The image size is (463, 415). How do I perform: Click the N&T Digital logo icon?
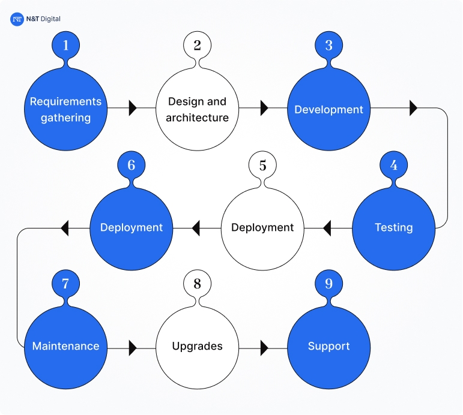(x=16, y=19)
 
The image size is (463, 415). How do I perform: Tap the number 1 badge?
(x=66, y=45)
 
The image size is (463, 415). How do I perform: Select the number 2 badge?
(x=198, y=45)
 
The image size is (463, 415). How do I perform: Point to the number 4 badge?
(x=394, y=164)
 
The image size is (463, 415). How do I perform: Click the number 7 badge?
(x=66, y=284)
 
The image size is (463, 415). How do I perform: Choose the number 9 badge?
(x=328, y=284)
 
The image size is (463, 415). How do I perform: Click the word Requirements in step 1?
(x=66, y=101)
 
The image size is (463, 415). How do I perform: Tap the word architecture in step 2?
(x=198, y=118)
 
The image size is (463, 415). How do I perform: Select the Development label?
(x=328, y=110)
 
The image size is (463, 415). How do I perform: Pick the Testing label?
(x=394, y=228)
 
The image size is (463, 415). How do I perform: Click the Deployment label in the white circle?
(x=262, y=228)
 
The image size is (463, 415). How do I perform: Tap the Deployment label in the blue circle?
(x=132, y=228)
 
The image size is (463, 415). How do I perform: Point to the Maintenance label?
(x=66, y=347)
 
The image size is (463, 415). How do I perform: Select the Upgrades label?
(x=198, y=347)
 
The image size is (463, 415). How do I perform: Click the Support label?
(x=328, y=347)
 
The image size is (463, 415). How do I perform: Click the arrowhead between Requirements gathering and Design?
(x=133, y=109)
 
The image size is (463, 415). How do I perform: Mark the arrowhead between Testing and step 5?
(x=327, y=228)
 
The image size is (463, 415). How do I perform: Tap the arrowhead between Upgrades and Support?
(x=264, y=347)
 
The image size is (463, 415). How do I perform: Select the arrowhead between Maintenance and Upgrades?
(x=133, y=347)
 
